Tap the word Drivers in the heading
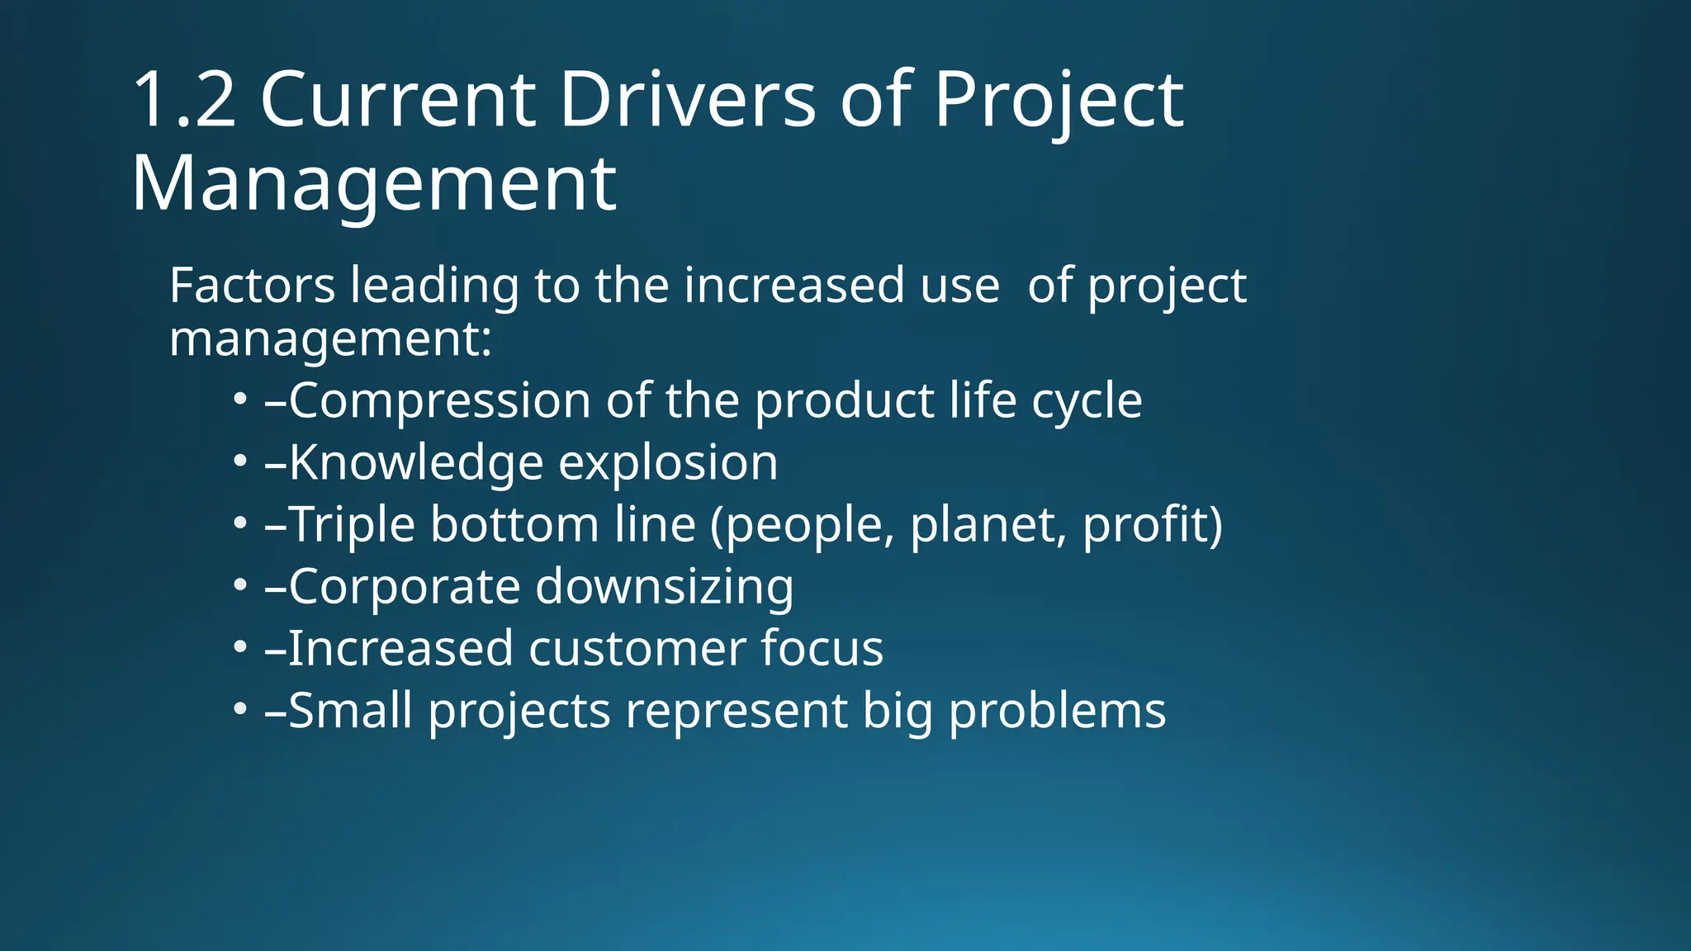(x=687, y=101)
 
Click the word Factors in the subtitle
(x=252, y=286)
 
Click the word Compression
(x=439, y=401)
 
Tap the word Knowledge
(x=416, y=463)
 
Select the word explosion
(x=668, y=463)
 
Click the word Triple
(x=352, y=525)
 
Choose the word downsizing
(x=664, y=587)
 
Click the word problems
(x=1057, y=711)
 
